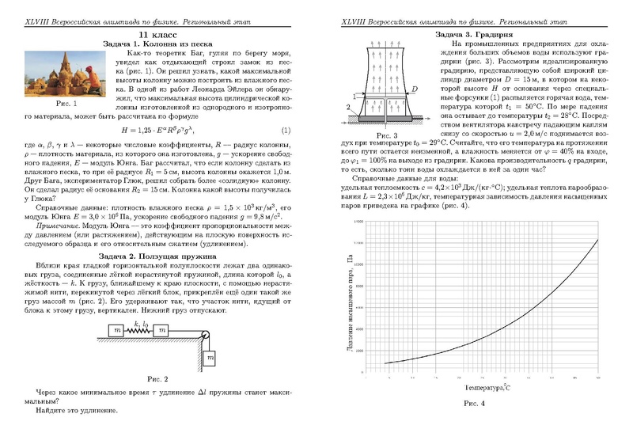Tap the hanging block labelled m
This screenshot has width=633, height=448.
[x=210, y=358]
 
